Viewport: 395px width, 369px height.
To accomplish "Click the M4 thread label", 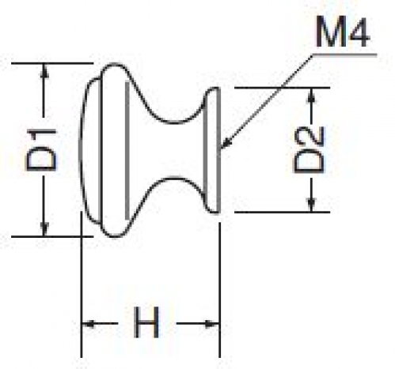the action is [x=343, y=32].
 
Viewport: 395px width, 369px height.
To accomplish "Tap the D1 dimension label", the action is [x=41, y=149].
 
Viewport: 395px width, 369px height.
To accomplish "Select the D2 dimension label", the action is [x=309, y=149].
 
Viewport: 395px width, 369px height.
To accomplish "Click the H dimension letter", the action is [x=146, y=322].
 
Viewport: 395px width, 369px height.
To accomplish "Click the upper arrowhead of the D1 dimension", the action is [x=44, y=70].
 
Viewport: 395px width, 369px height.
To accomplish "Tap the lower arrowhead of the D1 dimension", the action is [x=44, y=229].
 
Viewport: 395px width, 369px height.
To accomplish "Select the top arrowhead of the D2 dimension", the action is [x=312, y=95].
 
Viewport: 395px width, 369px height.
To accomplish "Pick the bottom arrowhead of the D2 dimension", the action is [x=312, y=205].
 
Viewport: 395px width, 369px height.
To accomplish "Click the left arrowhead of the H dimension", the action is [x=89, y=323].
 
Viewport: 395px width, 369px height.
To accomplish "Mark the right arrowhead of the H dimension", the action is [x=211, y=323].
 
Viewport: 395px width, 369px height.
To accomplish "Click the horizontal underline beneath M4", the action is [x=344, y=55].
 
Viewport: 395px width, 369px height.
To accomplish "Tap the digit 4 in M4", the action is [x=359, y=32].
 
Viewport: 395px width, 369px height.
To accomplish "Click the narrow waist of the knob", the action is [x=174, y=149].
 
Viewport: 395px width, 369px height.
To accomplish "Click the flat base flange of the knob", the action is [x=211, y=149].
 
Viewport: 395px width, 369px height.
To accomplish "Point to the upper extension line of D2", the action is [x=282, y=88].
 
